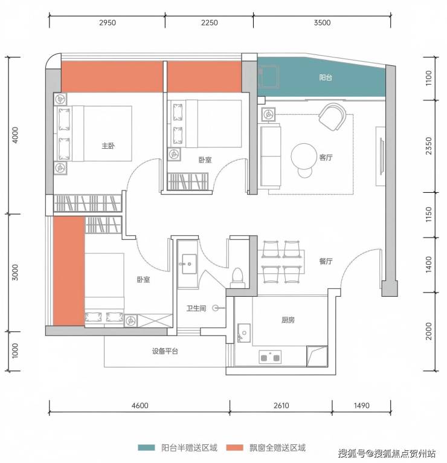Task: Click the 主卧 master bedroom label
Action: tap(108, 146)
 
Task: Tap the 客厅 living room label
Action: tap(326, 157)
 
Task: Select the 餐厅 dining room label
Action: tap(326, 261)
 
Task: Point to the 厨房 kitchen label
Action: tap(288, 320)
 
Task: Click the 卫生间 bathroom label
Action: tap(196, 308)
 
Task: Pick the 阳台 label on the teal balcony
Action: tap(326, 77)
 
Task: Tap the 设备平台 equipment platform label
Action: tap(165, 351)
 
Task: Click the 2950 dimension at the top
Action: tap(108, 23)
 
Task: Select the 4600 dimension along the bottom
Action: tap(140, 406)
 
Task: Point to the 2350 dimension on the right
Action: tap(429, 146)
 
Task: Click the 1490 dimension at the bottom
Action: tap(362, 406)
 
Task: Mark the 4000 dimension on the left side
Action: tap(15, 135)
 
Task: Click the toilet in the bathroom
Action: tap(237, 277)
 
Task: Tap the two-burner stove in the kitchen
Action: tap(270, 357)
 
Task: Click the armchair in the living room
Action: tap(333, 117)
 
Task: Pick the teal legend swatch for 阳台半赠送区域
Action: tap(146, 448)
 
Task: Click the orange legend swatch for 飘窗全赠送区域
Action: tap(234, 448)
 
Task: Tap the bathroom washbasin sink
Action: tap(189, 264)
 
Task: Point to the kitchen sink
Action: tap(244, 333)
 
